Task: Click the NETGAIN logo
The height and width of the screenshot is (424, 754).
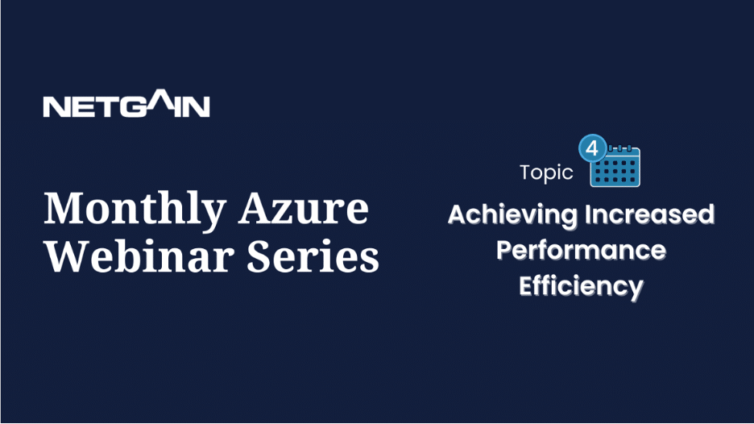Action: coord(126,103)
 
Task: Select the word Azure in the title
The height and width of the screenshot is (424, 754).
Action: coord(304,209)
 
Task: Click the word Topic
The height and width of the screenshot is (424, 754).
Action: coord(547,173)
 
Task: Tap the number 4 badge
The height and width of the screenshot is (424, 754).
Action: coord(592,148)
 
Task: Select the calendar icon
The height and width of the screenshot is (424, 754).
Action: coord(615,166)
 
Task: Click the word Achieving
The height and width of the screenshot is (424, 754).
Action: coord(513,215)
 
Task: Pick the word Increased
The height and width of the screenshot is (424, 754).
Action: coord(649,214)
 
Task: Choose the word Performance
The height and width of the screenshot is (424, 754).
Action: coord(581,250)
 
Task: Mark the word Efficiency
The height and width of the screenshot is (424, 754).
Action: coord(581,287)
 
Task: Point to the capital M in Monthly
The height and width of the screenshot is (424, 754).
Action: coord(63,208)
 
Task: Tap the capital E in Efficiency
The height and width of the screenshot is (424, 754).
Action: coord(526,286)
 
